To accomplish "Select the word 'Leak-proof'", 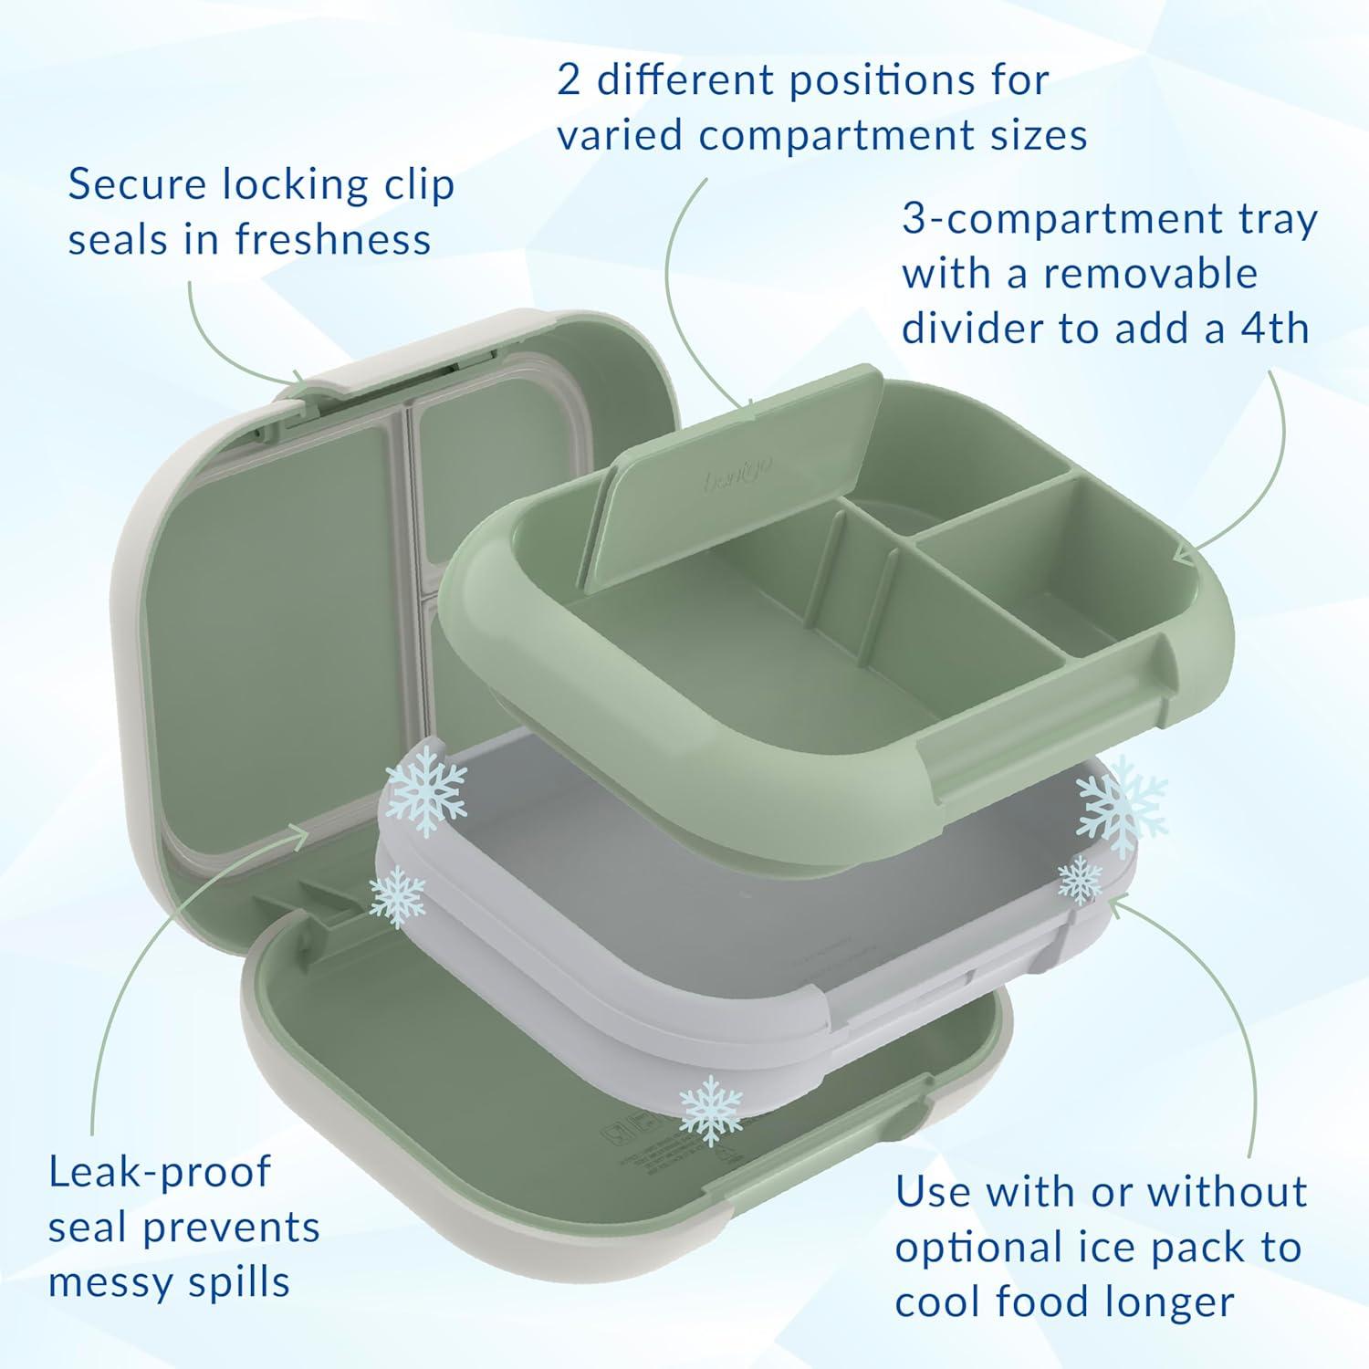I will pyautogui.click(x=161, y=1172).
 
